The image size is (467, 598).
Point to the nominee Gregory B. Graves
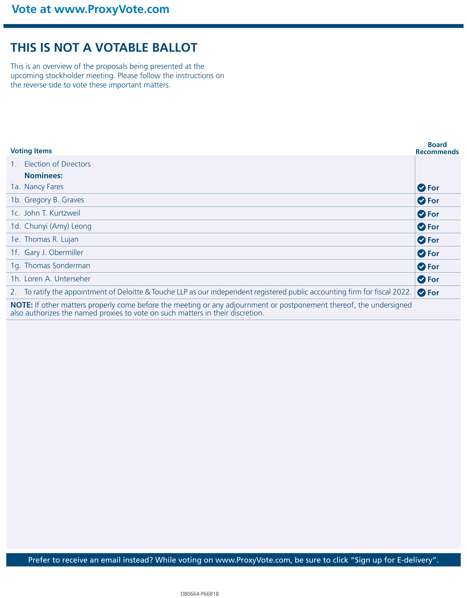[54, 200]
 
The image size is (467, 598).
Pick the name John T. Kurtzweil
[52, 213]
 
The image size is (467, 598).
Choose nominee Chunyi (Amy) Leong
[58, 226]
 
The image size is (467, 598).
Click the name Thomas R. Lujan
[51, 239]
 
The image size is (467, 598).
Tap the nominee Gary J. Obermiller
[54, 252]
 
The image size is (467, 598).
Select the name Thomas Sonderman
[57, 266]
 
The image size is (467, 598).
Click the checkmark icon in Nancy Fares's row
[421, 188]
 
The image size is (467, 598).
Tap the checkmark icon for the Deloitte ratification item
[421, 293]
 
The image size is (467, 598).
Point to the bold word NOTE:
[22, 305]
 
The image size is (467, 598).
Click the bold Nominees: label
[44, 176]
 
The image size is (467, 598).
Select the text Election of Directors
[57, 164]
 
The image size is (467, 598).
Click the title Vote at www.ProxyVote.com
[91, 9]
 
